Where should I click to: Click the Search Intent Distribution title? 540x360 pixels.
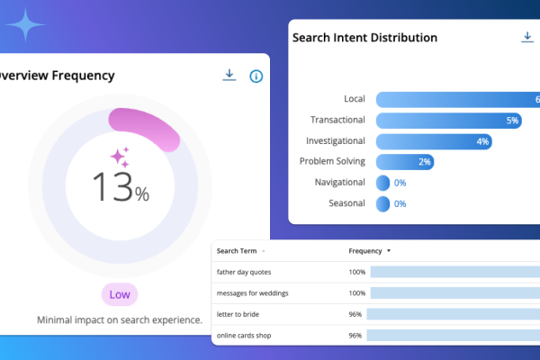coord(364,38)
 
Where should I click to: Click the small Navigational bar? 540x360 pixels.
coord(382,183)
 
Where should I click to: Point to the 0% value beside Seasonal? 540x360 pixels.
coord(400,204)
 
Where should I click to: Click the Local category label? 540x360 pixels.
coord(354,99)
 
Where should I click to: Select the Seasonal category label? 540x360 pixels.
coord(346,203)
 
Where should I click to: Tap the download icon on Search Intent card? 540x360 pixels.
coord(527,37)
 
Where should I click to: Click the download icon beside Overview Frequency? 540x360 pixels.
coord(229,76)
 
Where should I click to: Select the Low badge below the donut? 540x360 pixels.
coord(120,294)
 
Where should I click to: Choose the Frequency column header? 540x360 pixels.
coord(366,251)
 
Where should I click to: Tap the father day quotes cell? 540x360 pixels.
coord(244,272)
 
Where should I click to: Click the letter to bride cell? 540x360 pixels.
coord(238,314)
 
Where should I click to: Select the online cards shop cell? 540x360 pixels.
coord(244,336)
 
